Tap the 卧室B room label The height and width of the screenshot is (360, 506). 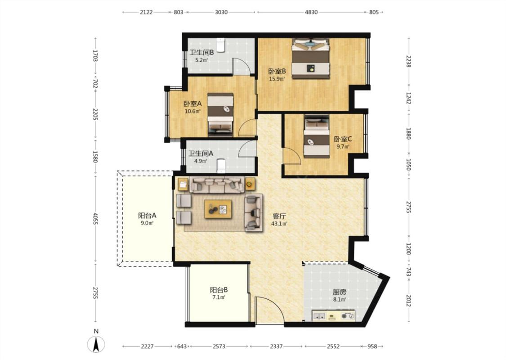pyautogui.click(x=277, y=71)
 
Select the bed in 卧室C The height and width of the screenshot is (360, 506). pyautogui.click(x=317, y=136)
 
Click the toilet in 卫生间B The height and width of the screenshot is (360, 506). pyautogui.click(x=220, y=45)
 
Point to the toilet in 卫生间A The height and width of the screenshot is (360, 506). pyautogui.click(x=221, y=166)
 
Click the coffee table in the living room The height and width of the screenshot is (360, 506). pyautogui.click(x=218, y=209)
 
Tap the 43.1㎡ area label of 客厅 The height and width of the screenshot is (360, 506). pyautogui.click(x=279, y=224)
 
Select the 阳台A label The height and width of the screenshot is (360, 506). pyautogui.click(x=147, y=216)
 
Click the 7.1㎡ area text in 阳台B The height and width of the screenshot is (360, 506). pyautogui.click(x=219, y=297)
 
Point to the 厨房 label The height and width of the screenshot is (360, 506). pyautogui.click(x=340, y=292)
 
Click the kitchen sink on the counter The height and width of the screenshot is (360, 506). pyautogui.click(x=319, y=316)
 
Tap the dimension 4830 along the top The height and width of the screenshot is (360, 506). pyautogui.click(x=311, y=12)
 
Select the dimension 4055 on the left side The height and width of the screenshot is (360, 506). pyautogui.click(x=95, y=220)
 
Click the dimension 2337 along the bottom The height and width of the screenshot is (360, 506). pyautogui.click(x=276, y=346)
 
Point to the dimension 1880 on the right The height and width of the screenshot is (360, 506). pyautogui.click(x=408, y=134)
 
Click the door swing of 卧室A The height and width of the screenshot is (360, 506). pyautogui.click(x=247, y=128)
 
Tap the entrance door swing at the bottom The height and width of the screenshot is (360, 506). pyautogui.click(x=269, y=310)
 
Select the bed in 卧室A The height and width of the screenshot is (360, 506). pyautogui.click(x=220, y=115)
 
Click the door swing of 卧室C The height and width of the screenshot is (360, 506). pyautogui.click(x=292, y=156)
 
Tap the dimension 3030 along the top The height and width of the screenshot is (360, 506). pyautogui.click(x=221, y=12)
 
